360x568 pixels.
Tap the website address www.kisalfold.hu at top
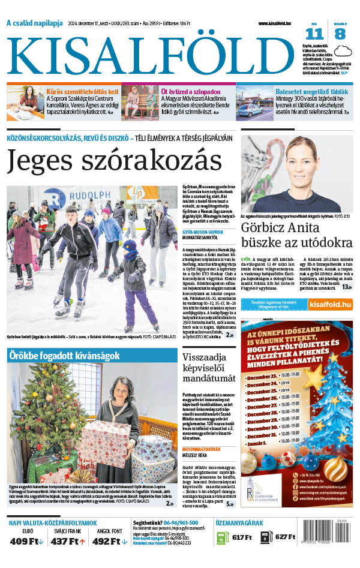coord(278,23)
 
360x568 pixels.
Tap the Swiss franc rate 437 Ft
coord(68,542)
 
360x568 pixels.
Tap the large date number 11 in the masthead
coord(314,34)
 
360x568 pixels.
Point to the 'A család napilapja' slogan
coord(34,23)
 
